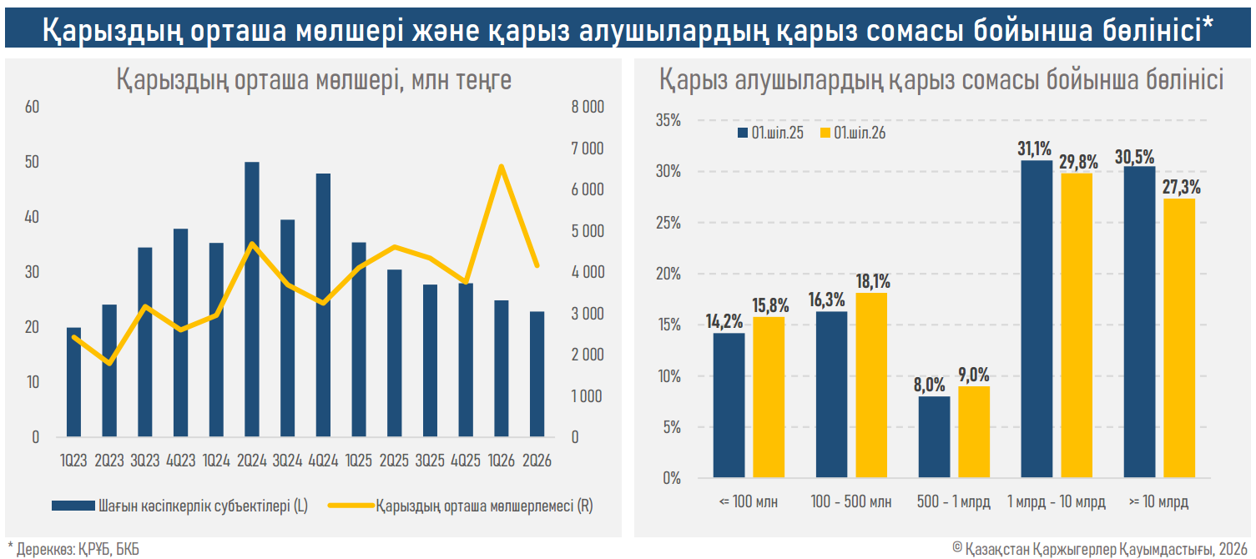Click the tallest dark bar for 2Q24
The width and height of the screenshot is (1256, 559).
pos(252,300)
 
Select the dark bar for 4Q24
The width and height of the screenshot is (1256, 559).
pos(323,305)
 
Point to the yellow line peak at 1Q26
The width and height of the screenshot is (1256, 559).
pos(502,166)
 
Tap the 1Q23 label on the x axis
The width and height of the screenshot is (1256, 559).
pos(73,461)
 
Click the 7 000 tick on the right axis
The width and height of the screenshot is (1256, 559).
pos(587,149)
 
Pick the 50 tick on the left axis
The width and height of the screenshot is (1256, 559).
pos(32,162)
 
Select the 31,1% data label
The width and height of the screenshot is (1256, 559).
pos(1035,149)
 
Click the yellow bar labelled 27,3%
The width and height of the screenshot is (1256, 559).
pos(1179,338)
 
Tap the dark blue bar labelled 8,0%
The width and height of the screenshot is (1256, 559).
pos(934,437)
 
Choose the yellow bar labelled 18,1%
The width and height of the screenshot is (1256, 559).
pos(871,385)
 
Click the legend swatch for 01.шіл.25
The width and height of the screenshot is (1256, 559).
pos(743,133)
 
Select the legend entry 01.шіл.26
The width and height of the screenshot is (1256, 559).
pos(853,133)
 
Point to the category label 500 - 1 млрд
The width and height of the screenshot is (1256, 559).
pos(954,501)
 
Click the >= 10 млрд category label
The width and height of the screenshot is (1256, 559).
pos(1158,501)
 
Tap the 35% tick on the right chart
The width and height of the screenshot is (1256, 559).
pos(668,120)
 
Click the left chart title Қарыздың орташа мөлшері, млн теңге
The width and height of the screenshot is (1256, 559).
pos(314,79)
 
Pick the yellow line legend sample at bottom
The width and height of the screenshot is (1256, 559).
pos(351,506)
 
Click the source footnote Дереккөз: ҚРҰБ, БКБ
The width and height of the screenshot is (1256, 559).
pos(73,549)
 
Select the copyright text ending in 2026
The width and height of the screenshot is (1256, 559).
pos(1100,549)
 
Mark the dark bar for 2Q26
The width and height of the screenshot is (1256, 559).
pos(537,374)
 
